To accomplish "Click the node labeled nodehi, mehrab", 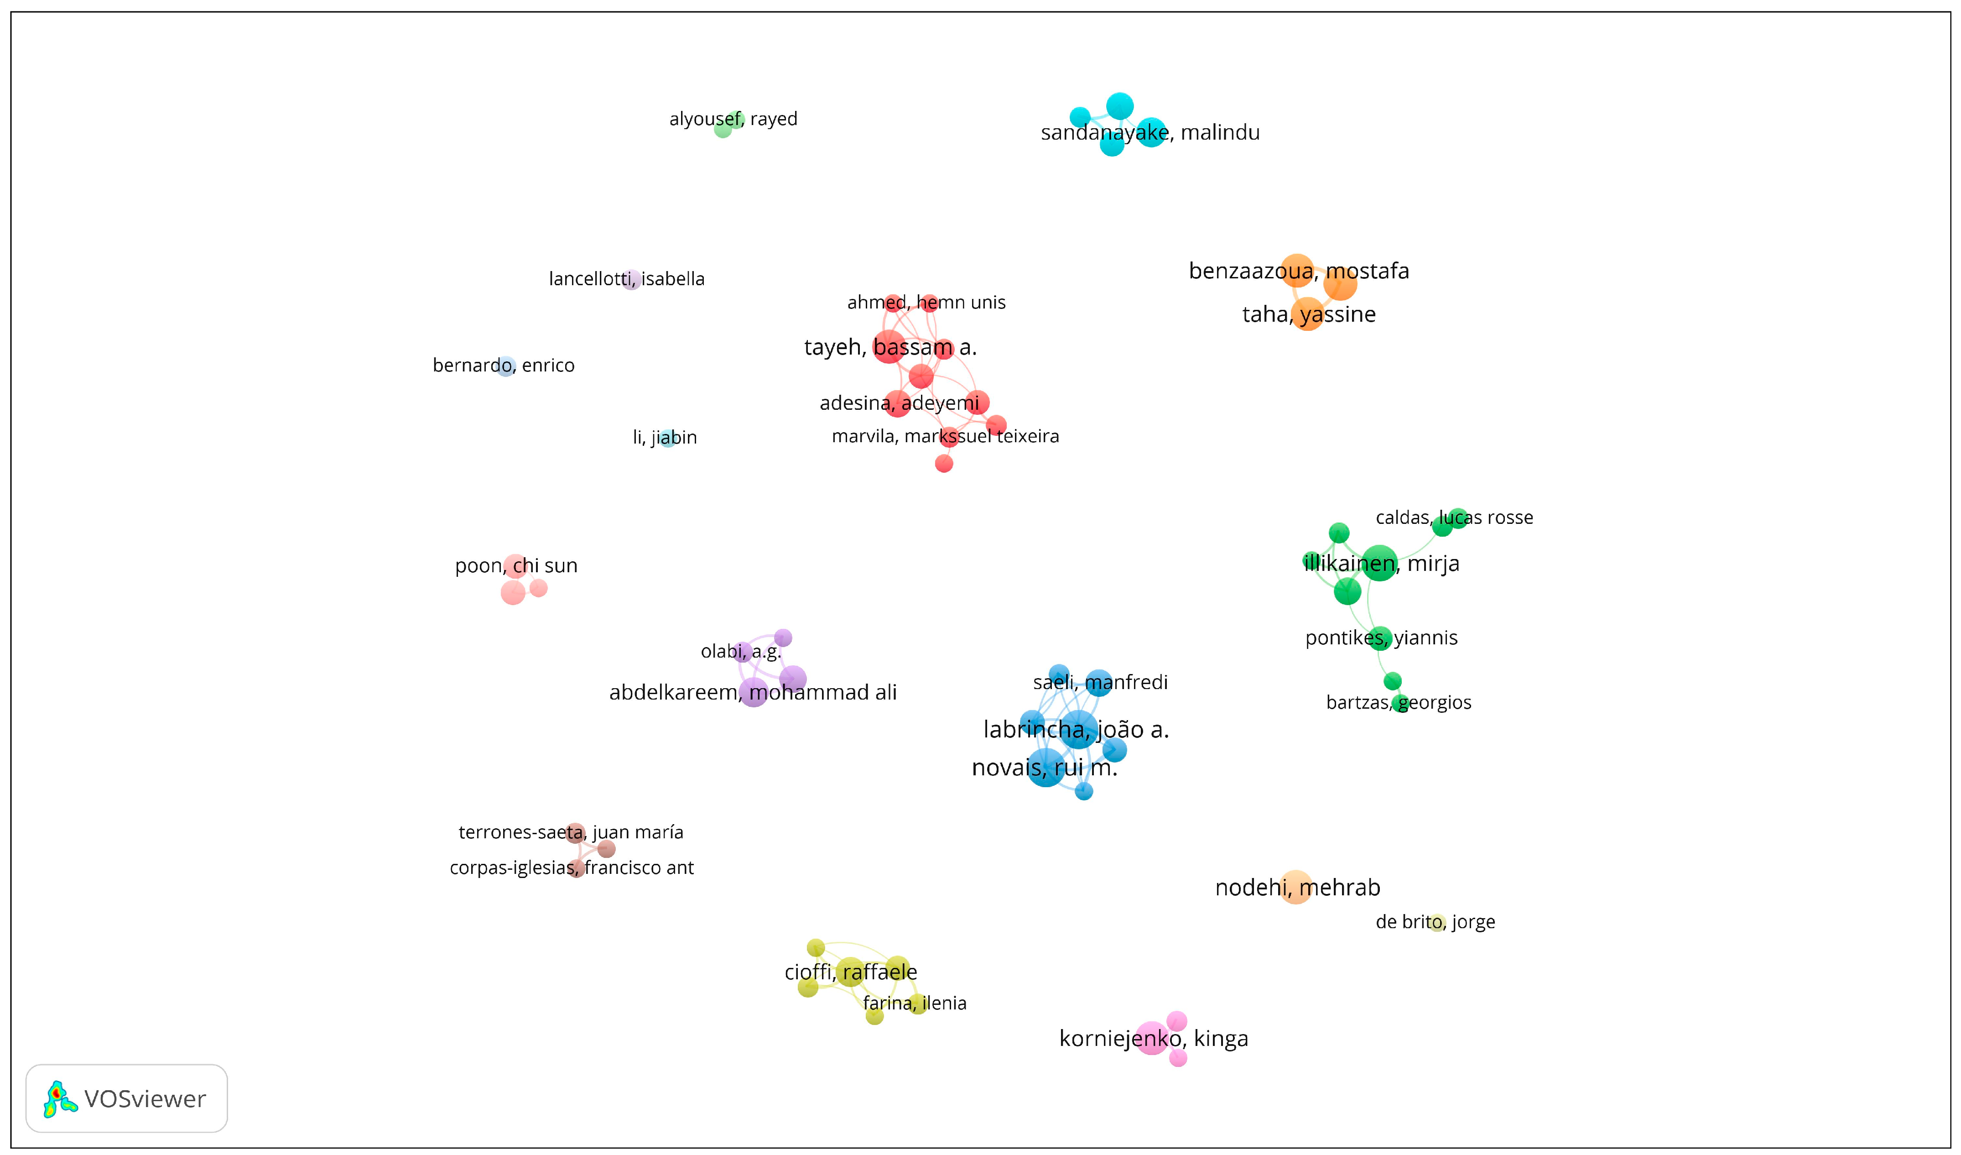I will click(x=1295, y=887).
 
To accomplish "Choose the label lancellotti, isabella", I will click(x=626, y=279).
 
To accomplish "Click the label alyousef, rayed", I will click(x=733, y=119).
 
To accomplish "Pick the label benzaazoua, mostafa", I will click(x=1299, y=272).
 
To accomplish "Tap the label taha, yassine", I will click(x=1309, y=314).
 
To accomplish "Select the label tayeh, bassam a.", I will click(x=890, y=347).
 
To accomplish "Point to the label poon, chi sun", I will click(x=516, y=566).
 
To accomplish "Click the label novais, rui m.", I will click(x=1044, y=768).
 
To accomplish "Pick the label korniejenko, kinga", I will click(x=1153, y=1038).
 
